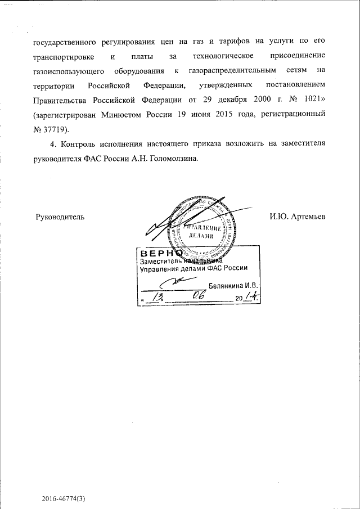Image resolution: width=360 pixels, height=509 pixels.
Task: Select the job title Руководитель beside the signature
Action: pyautogui.click(x=60, y=217)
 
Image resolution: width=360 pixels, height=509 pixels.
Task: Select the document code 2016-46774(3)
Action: pyautogui.click(x=66, y=499)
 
